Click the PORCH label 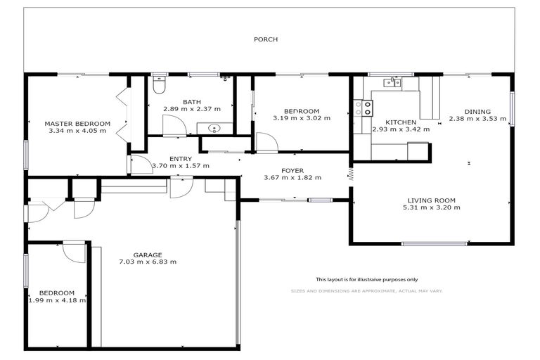(x=265, y=39)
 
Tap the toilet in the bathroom (x=159, y=86)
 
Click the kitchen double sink (x=392, y=83)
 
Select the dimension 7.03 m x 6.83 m (x=148, y=262)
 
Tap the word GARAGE (x=148, y=255)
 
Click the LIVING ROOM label (x=431, y=200)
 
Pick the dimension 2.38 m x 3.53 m (x=477, y=119)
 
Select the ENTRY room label (x=181, y=158)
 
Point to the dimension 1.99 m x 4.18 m (x=56, y=300)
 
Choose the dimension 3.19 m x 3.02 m (x=301, y=119)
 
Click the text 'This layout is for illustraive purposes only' (x=366, y=279)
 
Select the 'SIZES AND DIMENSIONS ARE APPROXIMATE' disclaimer (x=366, y=290)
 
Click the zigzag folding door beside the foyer (x=349, y=174)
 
